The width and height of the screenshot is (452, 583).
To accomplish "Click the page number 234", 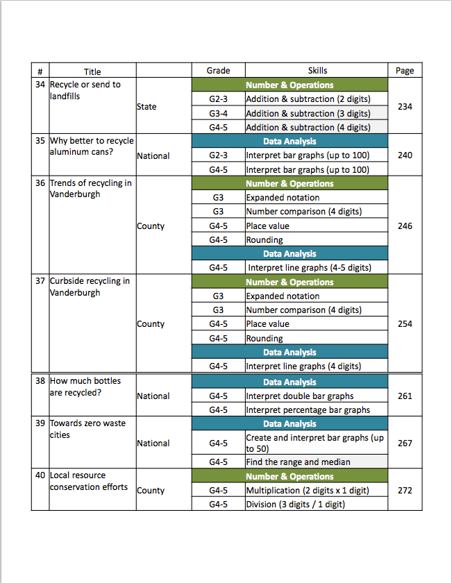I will tap(405, 107).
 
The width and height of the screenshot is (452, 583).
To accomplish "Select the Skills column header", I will tap(317, 71).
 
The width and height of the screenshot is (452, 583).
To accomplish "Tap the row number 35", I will tap(40, 140).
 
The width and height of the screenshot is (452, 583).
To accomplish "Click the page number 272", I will tap(405, 490).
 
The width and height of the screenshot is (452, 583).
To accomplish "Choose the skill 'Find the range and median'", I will tap(297, 462).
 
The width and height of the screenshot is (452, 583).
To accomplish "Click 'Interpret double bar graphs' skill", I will tap(299, 396).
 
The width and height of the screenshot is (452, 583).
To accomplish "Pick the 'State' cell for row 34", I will tap(147, 107).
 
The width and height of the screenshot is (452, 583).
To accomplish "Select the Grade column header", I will tap(218, 71).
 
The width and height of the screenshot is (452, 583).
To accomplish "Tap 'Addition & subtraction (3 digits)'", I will tap(308, 113).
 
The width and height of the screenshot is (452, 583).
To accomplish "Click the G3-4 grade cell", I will tap(218, 113).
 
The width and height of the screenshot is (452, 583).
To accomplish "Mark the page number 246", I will tap(405, 226).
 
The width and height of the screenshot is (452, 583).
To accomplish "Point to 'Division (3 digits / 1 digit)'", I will tap(295, 504).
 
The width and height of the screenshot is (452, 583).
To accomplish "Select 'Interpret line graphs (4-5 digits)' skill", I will tap(309, 268).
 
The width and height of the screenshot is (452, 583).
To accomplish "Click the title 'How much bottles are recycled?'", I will tap(85, 387).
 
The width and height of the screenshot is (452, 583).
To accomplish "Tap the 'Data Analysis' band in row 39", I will tap(290, 423).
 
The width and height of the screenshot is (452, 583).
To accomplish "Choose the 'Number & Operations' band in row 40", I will tap(290, 476).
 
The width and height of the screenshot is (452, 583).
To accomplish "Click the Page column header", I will tap(405, 71).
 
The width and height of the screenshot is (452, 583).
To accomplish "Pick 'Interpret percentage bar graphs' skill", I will tap(308, 409).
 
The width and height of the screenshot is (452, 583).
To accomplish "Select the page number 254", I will tap(405, 323).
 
